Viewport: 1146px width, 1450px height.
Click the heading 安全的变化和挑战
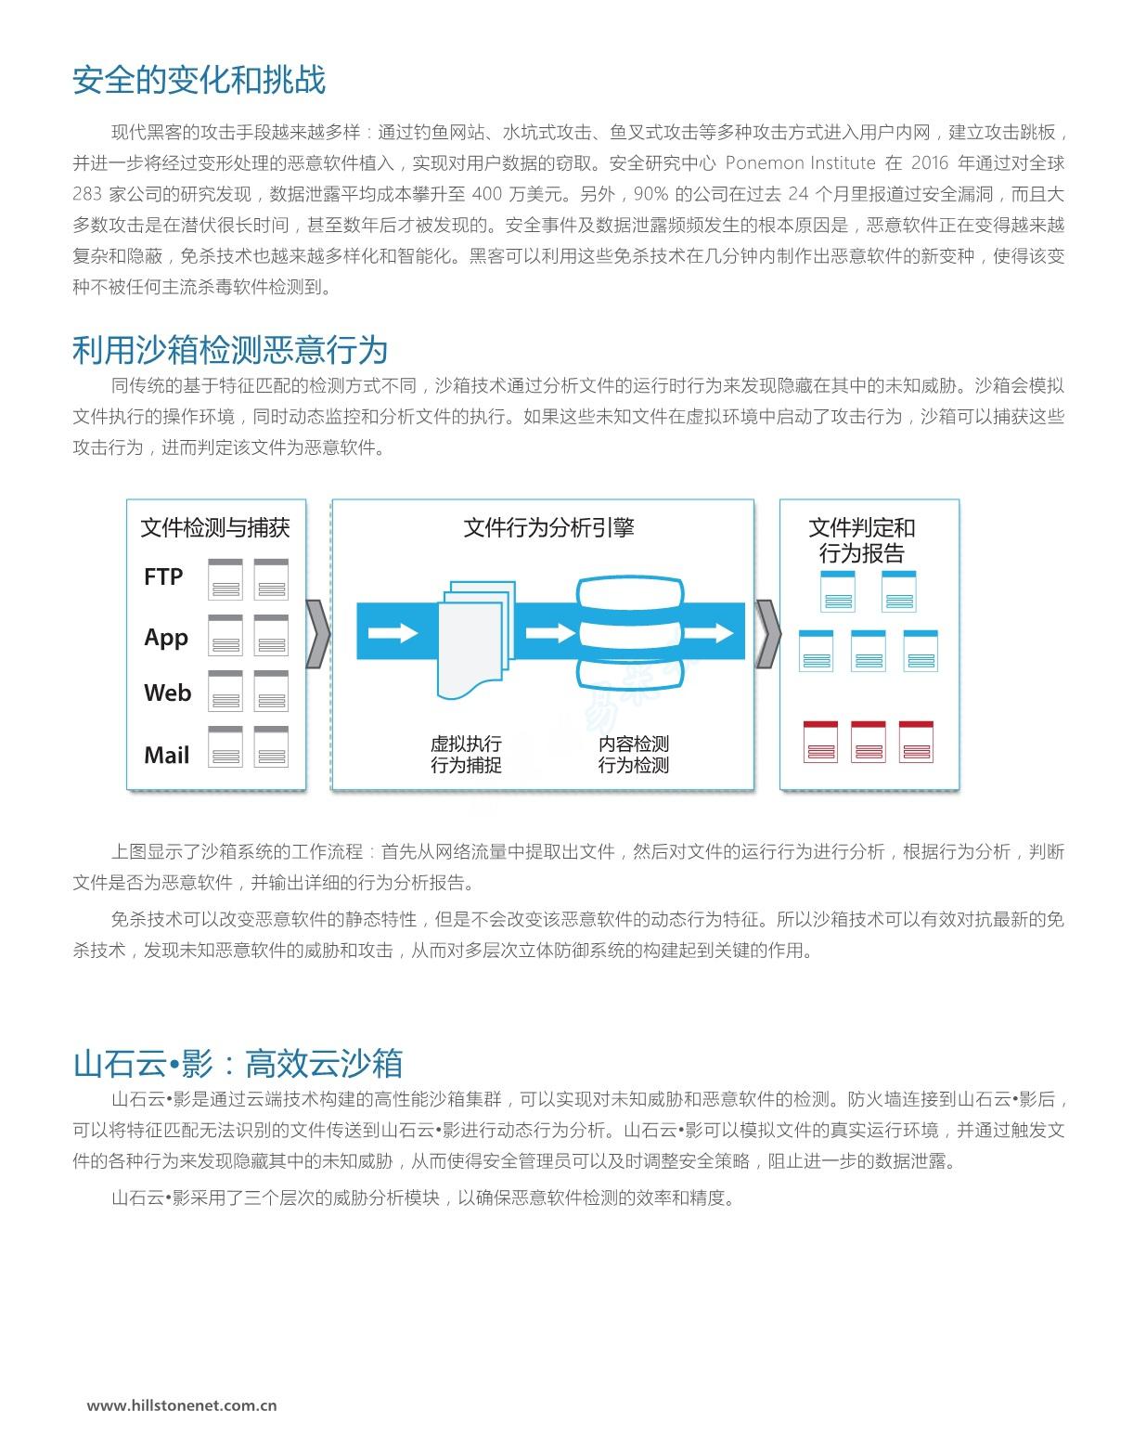coord(199,80)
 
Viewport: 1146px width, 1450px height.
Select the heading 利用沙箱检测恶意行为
coord(230,350)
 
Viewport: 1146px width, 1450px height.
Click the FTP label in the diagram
coord(163,576)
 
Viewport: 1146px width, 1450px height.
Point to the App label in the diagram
coord(166,638)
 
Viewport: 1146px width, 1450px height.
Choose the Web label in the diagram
coord(167,693)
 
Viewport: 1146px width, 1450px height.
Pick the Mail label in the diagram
coord(166,755)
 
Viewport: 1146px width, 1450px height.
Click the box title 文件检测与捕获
coord(215,527)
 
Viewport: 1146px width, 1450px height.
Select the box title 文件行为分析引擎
coord(548,527)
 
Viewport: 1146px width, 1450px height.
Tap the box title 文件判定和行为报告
coord(862,540)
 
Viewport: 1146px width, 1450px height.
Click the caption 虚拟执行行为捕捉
coord(466,754)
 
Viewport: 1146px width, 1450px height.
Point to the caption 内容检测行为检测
coord(633,754)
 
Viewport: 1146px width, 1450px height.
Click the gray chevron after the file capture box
coord(318,634)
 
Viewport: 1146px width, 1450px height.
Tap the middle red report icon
coord(868,742)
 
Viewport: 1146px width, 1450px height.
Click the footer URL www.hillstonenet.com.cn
coord(182,1405)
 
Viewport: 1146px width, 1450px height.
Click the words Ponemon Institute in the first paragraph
coord(800,163)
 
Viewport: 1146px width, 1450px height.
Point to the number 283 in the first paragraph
coord(87,194)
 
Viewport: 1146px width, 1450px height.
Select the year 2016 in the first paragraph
coord(930,163)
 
